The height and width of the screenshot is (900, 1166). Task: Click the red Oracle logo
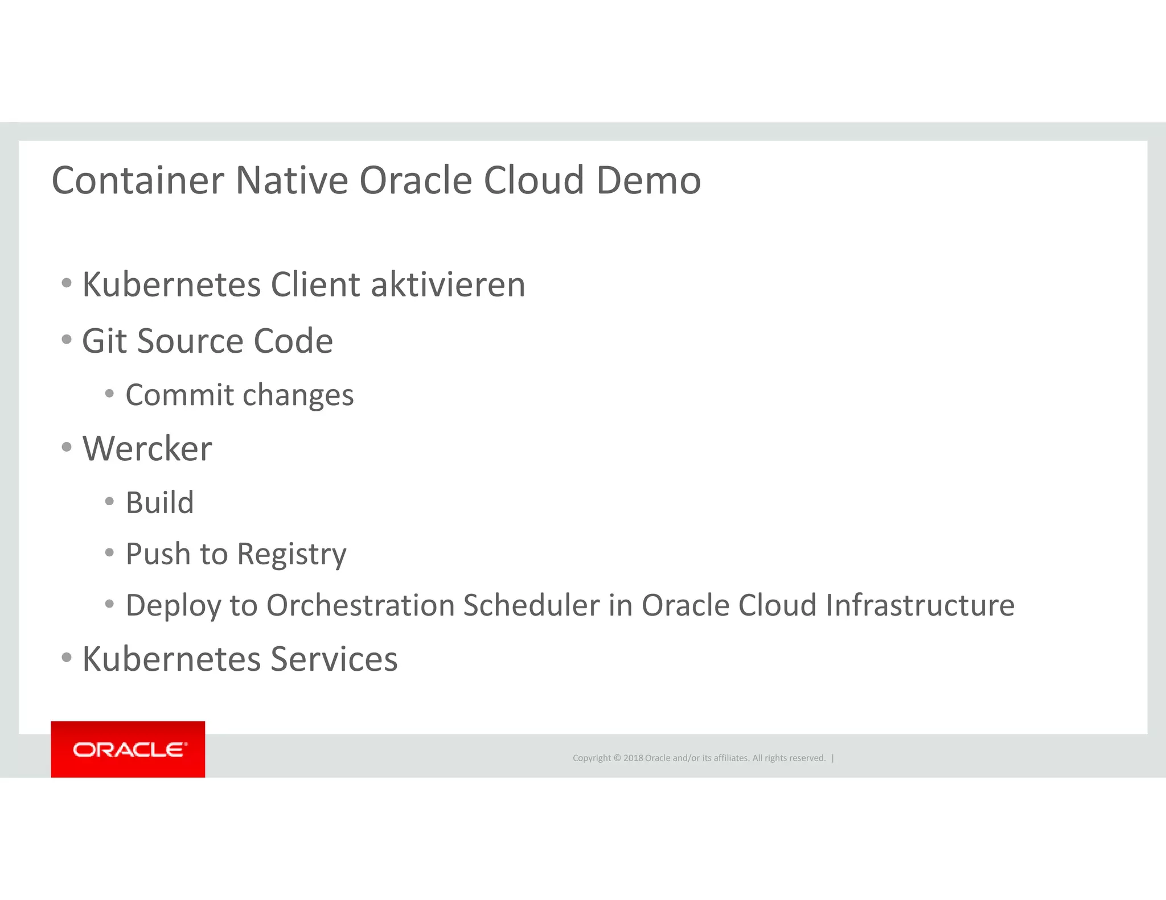[x=128, y=749]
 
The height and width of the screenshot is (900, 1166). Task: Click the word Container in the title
[x=138, y=181]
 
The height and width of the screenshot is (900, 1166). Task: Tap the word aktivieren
[x=448, y=284]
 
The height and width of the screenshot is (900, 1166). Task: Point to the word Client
[x=315, y=284]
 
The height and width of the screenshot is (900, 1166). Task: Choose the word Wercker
[x=147, y=449]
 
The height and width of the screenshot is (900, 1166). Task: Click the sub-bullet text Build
[x=159, y=503]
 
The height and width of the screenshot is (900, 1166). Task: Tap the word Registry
[x=291, y=555]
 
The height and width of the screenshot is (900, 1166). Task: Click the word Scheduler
[x=531, y=605]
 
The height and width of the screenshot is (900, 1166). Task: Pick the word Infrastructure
[x=920, y=605]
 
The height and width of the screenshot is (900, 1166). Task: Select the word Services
[x=334, y=659]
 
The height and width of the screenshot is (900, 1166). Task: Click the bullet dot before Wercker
[x=67, y=447]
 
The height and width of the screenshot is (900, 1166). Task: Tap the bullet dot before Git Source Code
[x=67, y=340]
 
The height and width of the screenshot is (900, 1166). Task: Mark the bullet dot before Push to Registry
[x=109, y=552]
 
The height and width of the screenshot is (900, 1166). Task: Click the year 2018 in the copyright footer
[x=633, y=758]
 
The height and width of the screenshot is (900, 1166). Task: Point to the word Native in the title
[x=291, y=181]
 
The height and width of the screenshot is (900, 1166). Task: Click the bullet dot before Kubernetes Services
[x=67, y=658]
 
